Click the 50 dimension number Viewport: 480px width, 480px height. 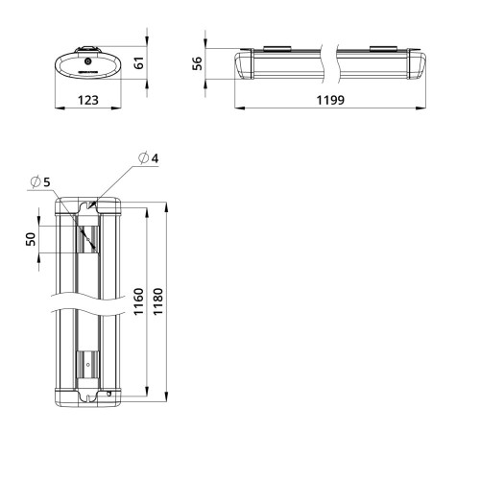[x=31, y=238]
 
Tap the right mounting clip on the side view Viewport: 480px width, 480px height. [x=382, y=47]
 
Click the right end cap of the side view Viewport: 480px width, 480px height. [x=418, y=64]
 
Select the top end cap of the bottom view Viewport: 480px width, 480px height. [x=87, y=208]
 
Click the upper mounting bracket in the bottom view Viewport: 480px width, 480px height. [x=87, y=235]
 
